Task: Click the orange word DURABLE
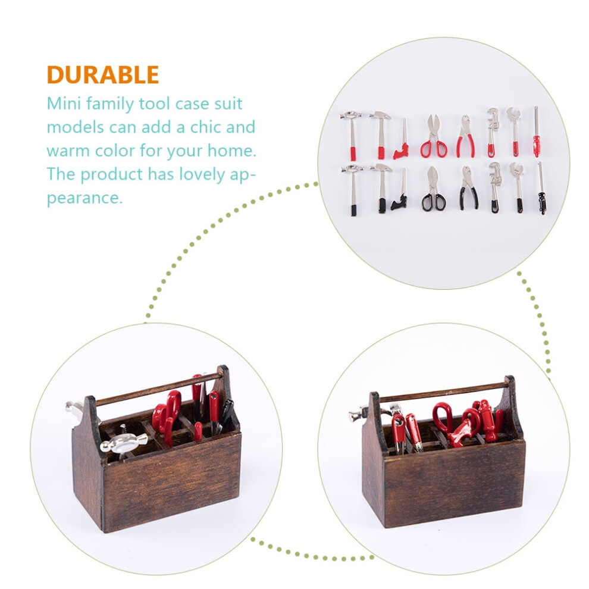click(x=102, y=75)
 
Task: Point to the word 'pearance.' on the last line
click(x=84, y=198)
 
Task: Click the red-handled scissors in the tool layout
click(x=434, y=136)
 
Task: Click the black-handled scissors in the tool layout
click(x=434, y=189)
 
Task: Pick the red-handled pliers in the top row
click(x=466, y=136)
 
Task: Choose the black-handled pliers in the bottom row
click(x=468, y=187)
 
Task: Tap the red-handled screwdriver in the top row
click(x=537, y=132)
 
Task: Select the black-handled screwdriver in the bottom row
click(x=541, y=188)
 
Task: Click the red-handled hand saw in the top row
click(x=402, y=140)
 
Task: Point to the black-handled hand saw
click(x=400, y=190)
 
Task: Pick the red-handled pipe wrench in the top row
click(x=492, y=132)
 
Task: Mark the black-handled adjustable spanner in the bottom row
click(x=517, y=187)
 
